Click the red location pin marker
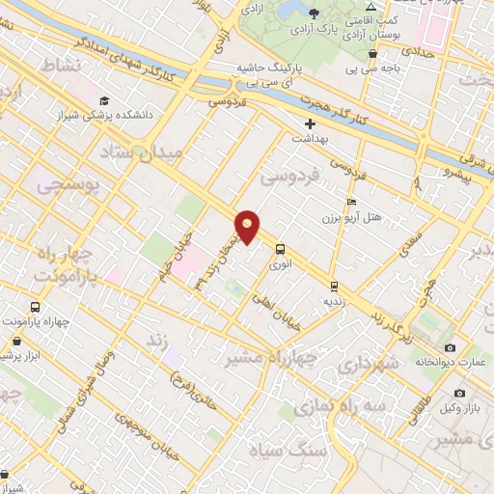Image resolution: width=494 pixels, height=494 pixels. (248, 226)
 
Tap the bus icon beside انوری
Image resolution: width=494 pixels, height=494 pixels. (280, 247)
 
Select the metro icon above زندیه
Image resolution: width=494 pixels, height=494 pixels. (333, 286)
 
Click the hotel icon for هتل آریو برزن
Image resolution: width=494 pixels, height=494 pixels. (351, 203)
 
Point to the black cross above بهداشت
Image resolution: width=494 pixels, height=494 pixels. (310, 124)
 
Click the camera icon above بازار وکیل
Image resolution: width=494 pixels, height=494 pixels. (458, 394)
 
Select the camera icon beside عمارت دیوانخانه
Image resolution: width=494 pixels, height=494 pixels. (450, 347)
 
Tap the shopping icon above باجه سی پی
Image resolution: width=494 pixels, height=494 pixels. (372, 54)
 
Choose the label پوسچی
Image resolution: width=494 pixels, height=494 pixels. (67, 187)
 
